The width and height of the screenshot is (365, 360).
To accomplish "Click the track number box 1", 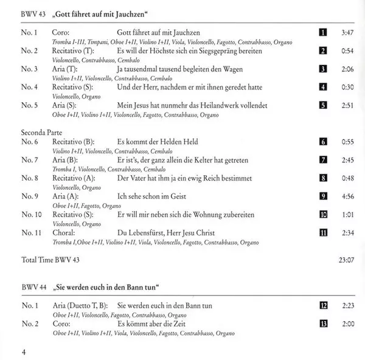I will click(323, 32).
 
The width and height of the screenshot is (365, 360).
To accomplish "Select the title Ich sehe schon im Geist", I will click(151, 196).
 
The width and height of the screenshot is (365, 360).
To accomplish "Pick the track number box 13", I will click(323, 324).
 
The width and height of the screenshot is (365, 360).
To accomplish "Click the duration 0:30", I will click(347, 87).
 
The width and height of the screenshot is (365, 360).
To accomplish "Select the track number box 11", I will click(323, 233).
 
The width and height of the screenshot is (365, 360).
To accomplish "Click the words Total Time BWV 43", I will click(50, 260).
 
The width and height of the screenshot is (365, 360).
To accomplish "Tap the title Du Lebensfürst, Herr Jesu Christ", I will click(170, 233).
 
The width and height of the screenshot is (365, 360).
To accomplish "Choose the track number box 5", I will click(323, 105).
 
